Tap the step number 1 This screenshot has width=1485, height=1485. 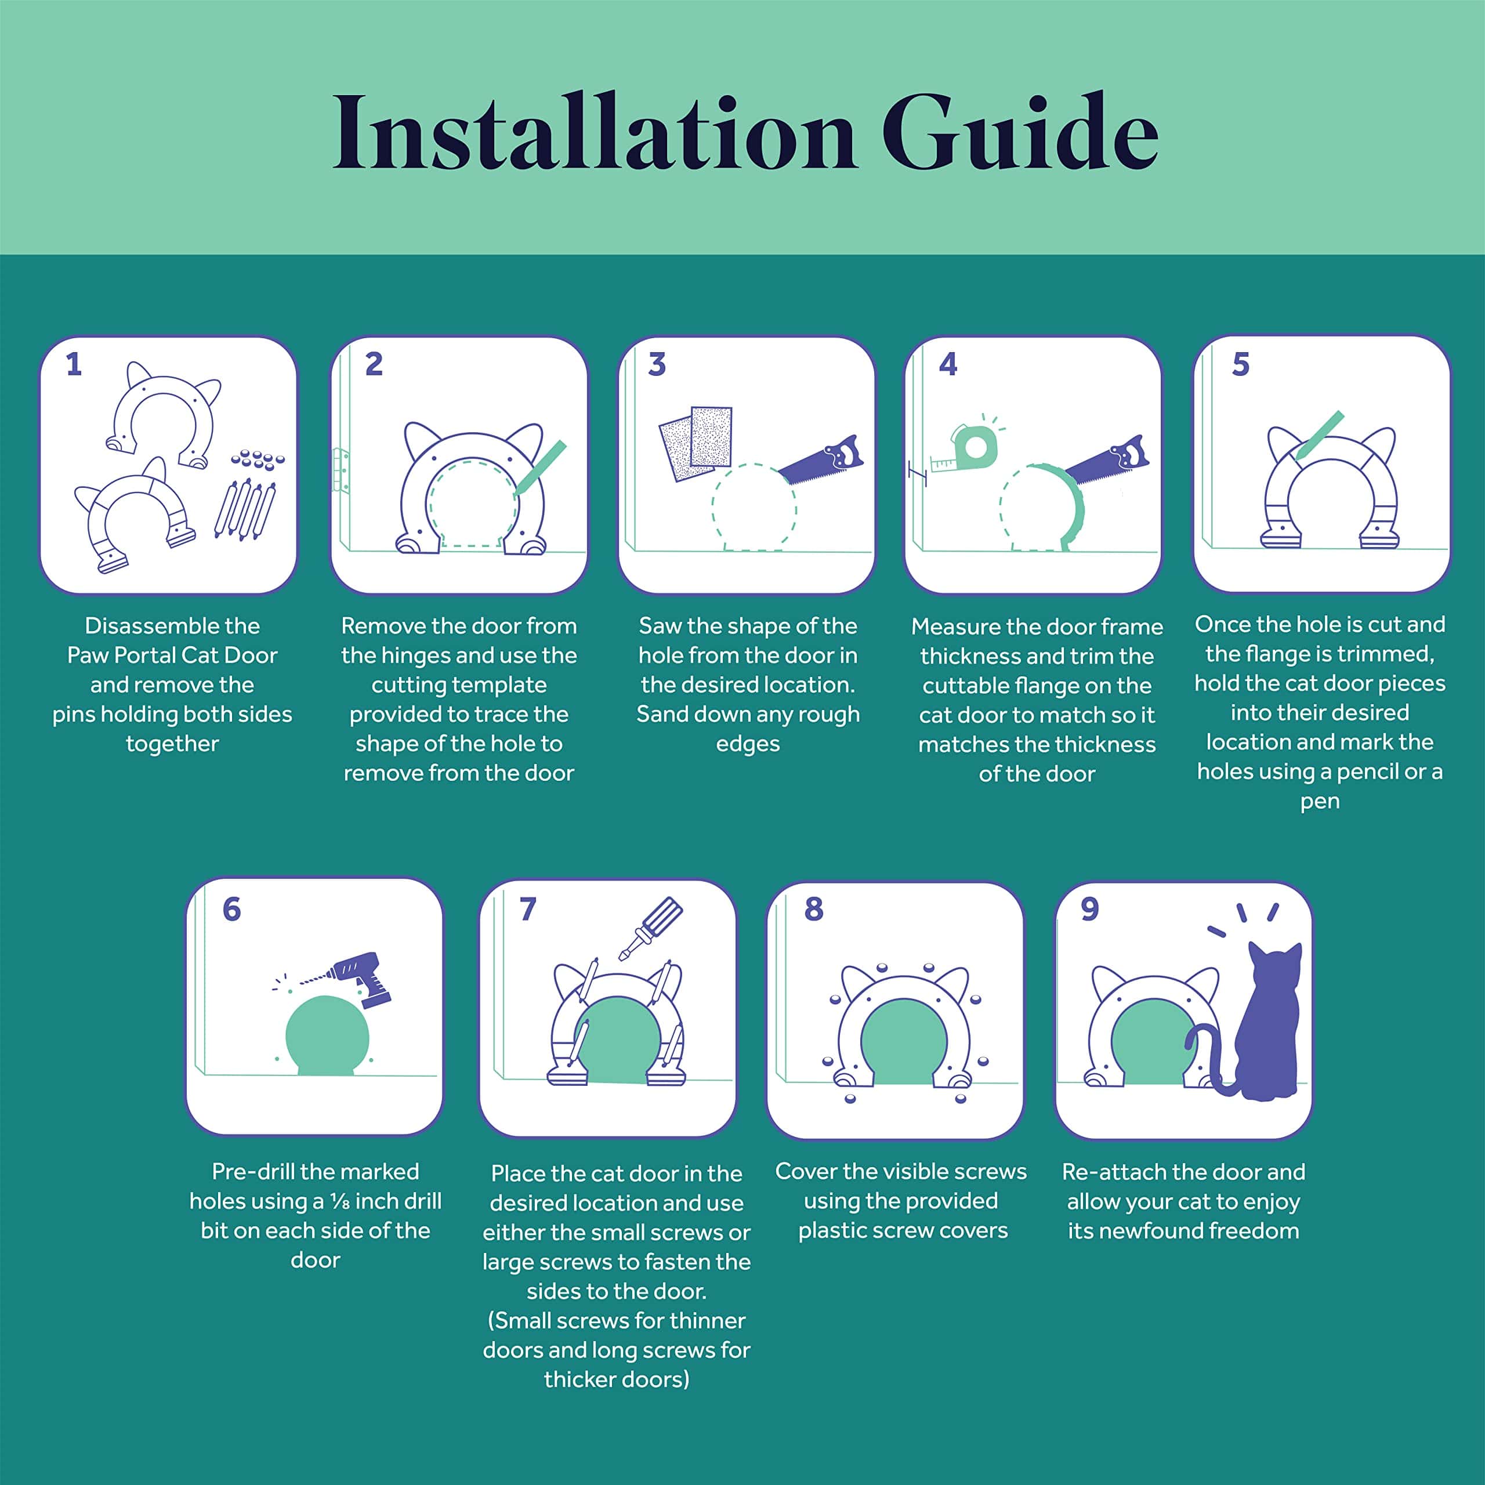pyautogui.click(x=74, y=364)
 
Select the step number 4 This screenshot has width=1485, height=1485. pyautogui.click(x=948, y=364)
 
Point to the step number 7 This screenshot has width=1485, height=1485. pyautogui.click(x=527, y=910)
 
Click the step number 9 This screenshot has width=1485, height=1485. pyautogui.click(x=1090, y=910)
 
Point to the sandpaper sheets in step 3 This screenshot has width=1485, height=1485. pyautogui.click(x=696, y=444)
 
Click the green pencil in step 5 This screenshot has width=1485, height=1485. pyautogui.click(x=1319, y=436)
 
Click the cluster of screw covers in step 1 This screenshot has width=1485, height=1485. pyautogui.click(x=258, y=459)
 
